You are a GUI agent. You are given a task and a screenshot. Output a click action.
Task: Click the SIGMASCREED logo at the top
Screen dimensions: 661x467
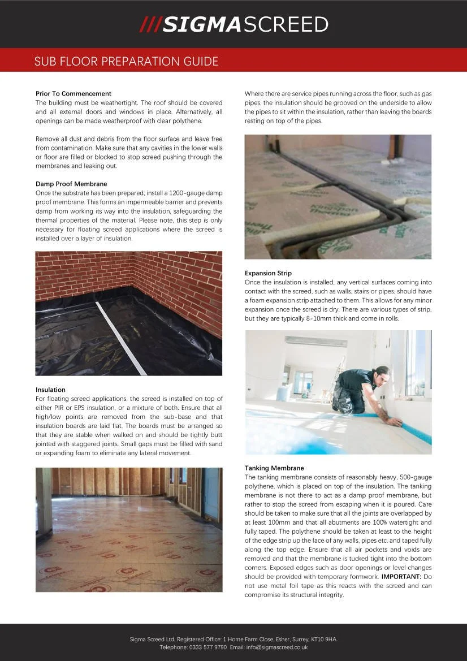tap(233, 24)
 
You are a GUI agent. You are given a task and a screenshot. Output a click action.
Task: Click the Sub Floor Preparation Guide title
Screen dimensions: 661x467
tap(126, 61)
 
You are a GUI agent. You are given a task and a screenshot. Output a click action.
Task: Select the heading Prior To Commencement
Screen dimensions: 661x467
tap(73, 93)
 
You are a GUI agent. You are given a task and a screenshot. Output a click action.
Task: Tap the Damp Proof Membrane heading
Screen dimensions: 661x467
tap(71, 184)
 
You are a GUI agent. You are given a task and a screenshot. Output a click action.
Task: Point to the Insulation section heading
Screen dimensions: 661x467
tap(50, 390)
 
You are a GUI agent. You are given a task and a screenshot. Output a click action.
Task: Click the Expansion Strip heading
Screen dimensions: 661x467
tap(268, 273)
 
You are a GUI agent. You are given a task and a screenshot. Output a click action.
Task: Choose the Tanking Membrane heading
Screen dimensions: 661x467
tap(274, 468)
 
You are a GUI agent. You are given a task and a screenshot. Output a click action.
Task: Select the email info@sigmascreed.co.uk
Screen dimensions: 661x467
tap(277, 647)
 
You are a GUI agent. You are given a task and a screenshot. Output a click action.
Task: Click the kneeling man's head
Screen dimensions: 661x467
tap(382, 373)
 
